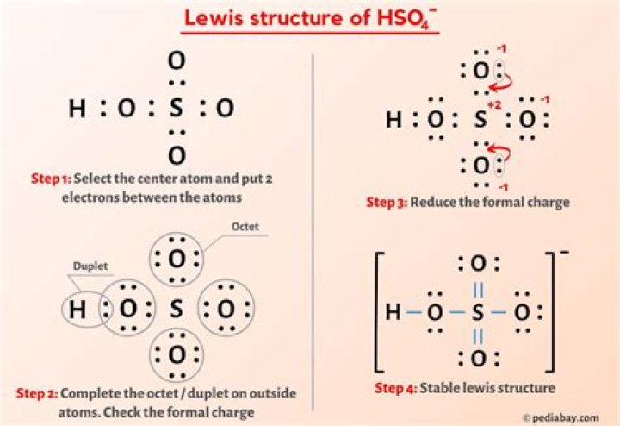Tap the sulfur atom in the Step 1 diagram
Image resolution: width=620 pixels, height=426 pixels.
click(176, 108)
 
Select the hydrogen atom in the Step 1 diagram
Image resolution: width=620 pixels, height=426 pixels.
click(77, 108)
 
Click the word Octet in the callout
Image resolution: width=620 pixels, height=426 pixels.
click(245, 227)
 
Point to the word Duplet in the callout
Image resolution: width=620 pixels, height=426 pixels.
click(90, 266)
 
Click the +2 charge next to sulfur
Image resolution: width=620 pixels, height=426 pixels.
click(494, 105)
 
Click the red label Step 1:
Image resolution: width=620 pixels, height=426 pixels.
click(52, 179)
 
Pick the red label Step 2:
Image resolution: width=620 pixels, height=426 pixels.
click(37, 393)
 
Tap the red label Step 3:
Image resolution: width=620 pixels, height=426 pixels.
click(387, 203)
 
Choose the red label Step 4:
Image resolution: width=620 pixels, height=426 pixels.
click(396, 388)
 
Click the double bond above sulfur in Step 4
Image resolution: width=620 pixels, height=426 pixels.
click(478, 291)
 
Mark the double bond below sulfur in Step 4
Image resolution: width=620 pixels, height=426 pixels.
click(478, 337)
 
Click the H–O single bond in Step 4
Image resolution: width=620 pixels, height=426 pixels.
click(414, 312)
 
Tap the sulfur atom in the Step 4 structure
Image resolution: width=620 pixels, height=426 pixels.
click(478, 312)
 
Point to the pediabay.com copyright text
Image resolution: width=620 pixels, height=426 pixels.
click(561, 417)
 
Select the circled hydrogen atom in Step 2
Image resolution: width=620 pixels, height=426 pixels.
click(77, 310)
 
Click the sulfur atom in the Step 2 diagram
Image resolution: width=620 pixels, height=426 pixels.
click(176, 309)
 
